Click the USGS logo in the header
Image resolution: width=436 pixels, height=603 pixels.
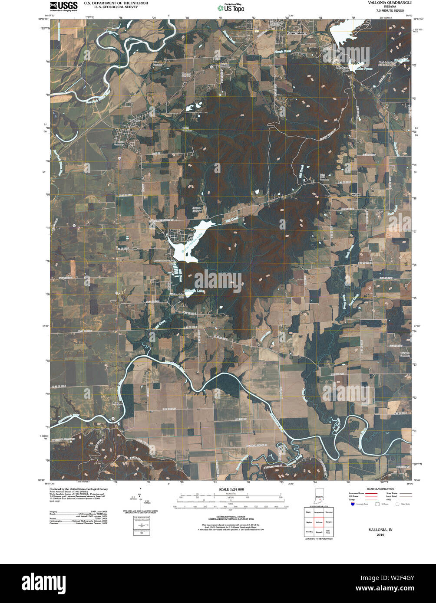click(64, 6)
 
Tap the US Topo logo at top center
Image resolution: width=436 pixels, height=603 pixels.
click(231, 8)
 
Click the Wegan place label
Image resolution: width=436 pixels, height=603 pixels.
click(356, 194)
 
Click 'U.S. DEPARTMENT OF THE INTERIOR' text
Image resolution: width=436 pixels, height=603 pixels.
click(110, 3)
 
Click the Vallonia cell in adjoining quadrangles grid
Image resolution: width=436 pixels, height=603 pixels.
click(319, 523)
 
